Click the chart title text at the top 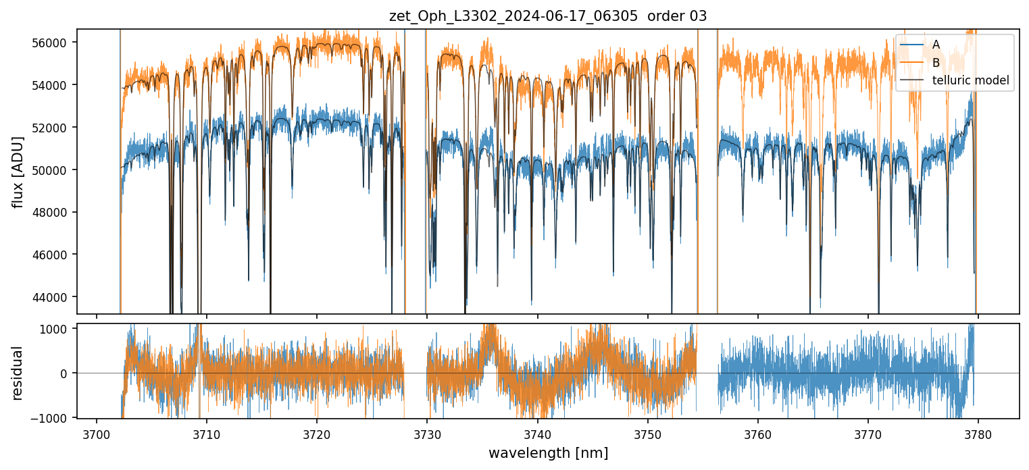point(548,16)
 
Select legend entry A point(936,45)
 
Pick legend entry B point(936,63)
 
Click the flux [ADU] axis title point(18,172)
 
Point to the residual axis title point(18,373)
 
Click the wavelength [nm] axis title point(548,453)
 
